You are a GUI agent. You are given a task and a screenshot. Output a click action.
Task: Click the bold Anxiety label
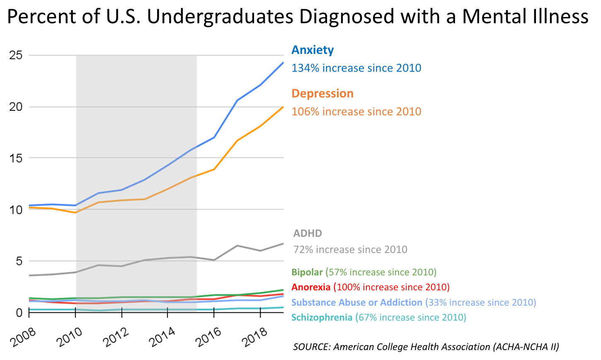click(x=313, y=50)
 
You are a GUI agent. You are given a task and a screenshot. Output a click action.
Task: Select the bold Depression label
click(x=322, y=94)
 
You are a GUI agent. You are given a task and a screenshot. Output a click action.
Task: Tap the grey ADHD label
click(x=308, y=234)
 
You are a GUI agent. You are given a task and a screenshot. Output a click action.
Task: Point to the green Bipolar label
click(x=307, y=272)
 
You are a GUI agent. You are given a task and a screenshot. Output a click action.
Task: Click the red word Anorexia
click(x=311, y=287)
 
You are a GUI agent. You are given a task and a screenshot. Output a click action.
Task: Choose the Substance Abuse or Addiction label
click(x=356, y=303)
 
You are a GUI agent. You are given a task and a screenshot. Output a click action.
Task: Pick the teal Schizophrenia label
click(x=322, y=318)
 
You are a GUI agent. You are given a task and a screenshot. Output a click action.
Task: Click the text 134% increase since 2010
click(x=356, y=68)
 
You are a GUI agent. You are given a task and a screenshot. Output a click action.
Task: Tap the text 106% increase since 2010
click(x=356, y=112)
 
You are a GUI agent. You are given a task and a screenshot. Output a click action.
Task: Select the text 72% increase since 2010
click(x=350, y=250)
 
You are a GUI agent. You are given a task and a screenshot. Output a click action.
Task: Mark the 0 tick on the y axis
click(x=19, y=313)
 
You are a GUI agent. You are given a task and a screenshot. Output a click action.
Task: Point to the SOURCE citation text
click(x=426, y=347)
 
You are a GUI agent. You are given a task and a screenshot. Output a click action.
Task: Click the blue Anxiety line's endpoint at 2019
click(x=283, y=63)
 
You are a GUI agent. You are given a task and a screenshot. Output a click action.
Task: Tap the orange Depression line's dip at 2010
click(x=75, y=213)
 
